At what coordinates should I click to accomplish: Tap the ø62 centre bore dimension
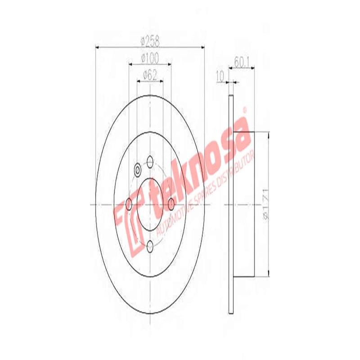pos(150,75)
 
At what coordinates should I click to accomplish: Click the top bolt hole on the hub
pos(150,161)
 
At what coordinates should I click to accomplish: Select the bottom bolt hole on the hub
pos(150,246)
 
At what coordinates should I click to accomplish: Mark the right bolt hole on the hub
pos(171,203)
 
